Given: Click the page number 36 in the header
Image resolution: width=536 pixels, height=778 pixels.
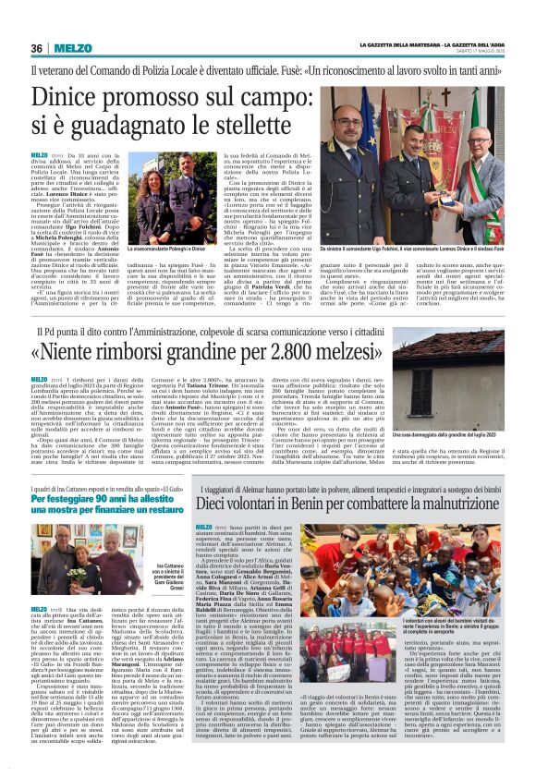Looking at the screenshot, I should (x=38, y=48).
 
